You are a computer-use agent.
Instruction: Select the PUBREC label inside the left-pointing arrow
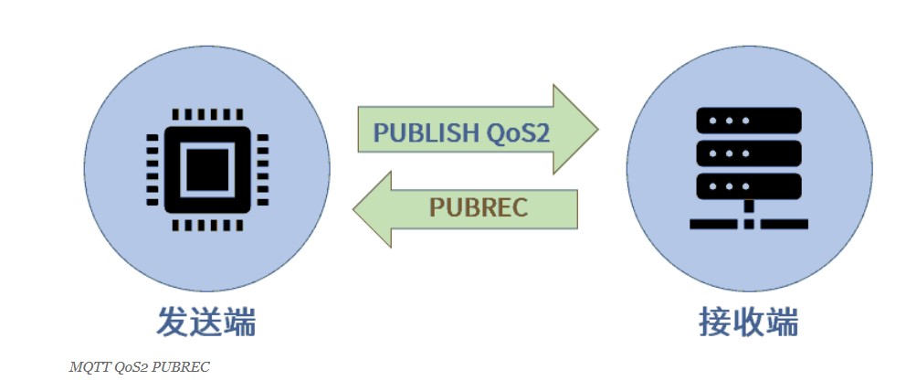coord(479,207)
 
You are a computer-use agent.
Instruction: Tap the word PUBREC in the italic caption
coord(182,367)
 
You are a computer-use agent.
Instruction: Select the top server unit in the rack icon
coord(749,120)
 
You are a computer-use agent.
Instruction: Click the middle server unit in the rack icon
coord(749,152)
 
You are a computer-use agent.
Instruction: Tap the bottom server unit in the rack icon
coord(749,185)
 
